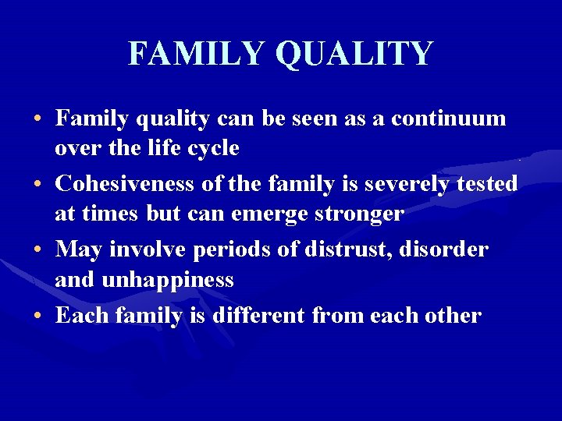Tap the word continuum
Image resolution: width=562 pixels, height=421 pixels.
449,119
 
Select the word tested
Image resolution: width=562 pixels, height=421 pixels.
486,184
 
